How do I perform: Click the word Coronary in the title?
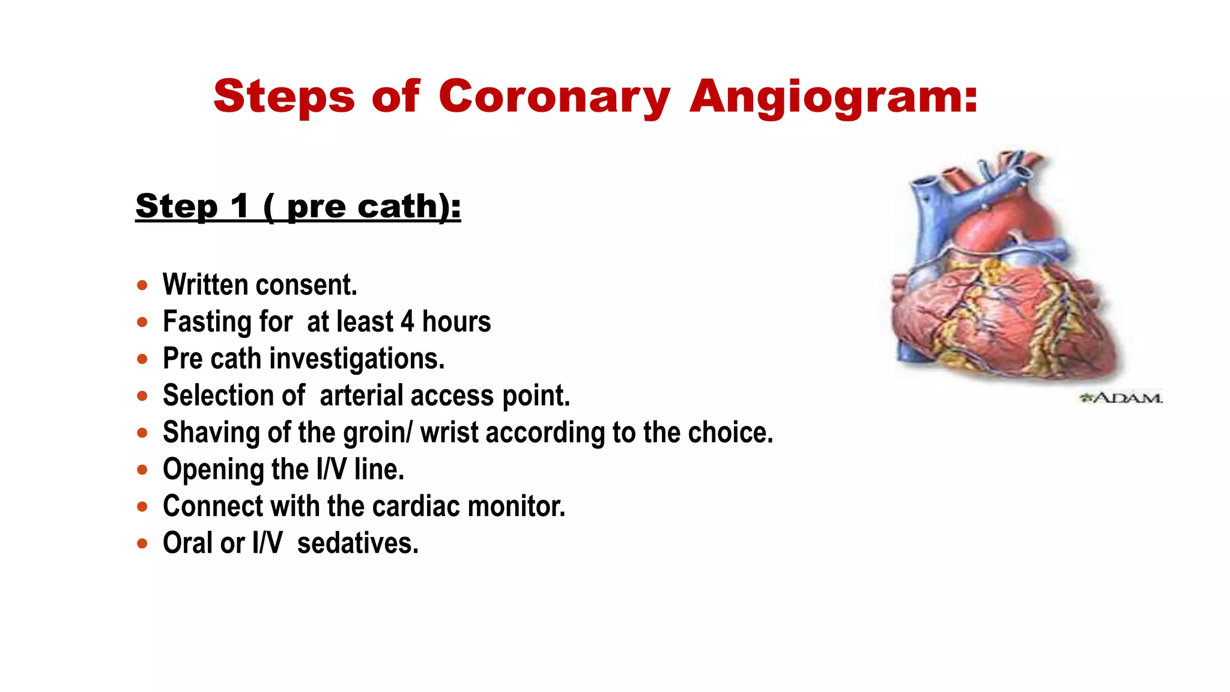click(554, 97)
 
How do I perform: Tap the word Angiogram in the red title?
click(834, 97)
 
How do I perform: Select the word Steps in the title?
click(284, 97)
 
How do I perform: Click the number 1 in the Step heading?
click(240, 207)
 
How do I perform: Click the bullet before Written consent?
click(142, 285)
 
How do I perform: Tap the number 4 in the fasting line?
click(407, 322)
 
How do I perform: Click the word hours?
click(456, 322)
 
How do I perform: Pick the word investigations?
click(357, 359)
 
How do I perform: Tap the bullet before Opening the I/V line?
click(142, 470)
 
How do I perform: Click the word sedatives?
click(357, 544)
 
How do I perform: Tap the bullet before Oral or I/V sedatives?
click(142, 544)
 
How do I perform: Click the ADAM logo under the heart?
click(1121, 398)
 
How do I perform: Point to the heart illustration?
click(1003, 282)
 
